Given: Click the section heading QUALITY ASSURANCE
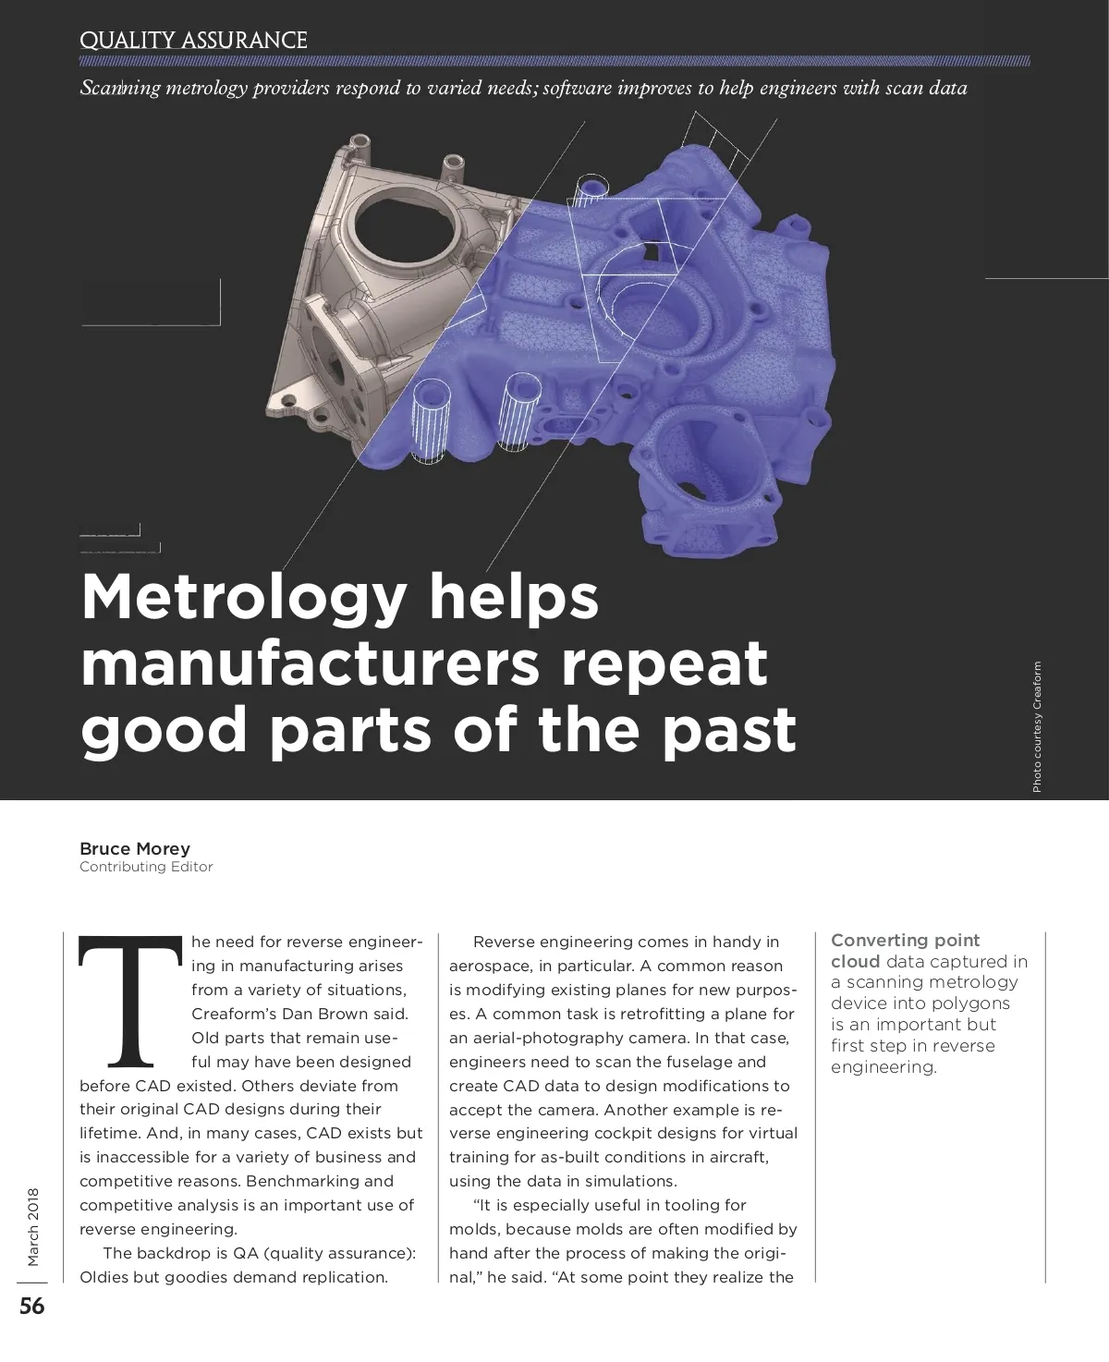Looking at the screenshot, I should [193, 41].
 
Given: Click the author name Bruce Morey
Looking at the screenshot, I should [135, 848].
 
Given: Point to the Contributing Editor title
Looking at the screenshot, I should [146, 867].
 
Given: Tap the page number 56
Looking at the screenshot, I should [32, 1307].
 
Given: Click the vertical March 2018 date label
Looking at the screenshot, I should [33, 1226].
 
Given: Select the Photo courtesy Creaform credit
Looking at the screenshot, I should [1037, 726].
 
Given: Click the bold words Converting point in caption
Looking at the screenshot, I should [905, 941].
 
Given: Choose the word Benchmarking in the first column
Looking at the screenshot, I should [295, 1181].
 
